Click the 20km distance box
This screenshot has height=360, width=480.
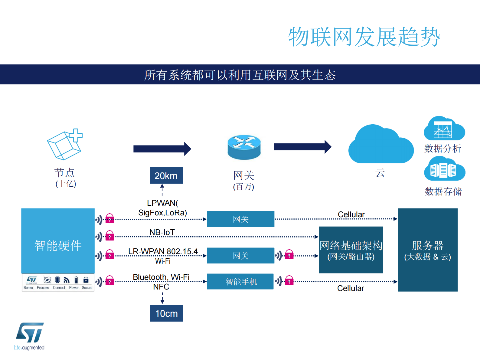pos(166,175)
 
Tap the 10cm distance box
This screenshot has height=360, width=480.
pos(166,313)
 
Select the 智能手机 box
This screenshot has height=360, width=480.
pos(240,282)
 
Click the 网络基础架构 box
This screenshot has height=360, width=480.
pos(351,250)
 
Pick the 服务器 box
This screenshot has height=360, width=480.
pos(427,250)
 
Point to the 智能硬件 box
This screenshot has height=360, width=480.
pos(58,241)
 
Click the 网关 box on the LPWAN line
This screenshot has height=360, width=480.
pos(240,219)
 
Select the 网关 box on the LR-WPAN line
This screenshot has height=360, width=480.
pos(240,256)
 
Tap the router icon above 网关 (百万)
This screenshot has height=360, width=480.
pos(244,147)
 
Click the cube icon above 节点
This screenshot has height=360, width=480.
pos(64,145)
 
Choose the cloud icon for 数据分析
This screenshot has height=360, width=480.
pos(444,129)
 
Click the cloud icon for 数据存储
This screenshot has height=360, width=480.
pos(444,169)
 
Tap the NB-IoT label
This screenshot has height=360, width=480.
pos(162,232)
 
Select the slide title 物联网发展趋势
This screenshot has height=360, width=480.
pos(364,37)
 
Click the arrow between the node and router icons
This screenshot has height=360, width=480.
pos(162,149)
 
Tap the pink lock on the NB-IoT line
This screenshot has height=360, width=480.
pos(109,236)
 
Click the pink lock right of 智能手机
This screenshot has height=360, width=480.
pos(289,281)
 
